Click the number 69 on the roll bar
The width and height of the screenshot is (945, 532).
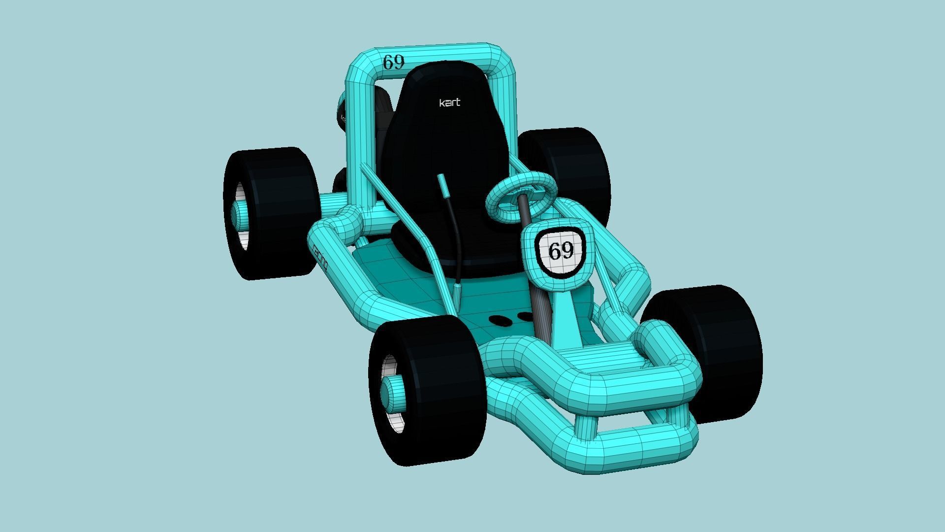pos(394,63)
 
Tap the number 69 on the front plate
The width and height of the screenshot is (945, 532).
pos(561,251)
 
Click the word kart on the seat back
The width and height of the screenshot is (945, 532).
pos(449,102)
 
